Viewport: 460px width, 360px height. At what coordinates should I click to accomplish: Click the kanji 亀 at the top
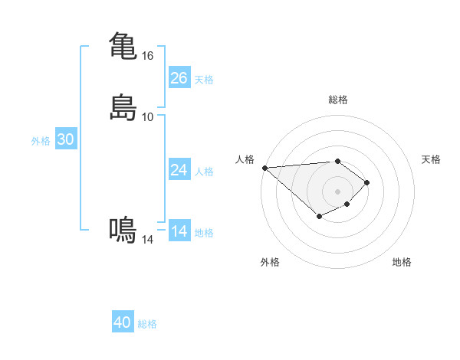click(x=123, y=45)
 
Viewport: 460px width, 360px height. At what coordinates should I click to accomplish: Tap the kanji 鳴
click(x=123, y=230)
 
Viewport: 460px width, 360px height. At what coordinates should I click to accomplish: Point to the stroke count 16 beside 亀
click(x=148, y=56)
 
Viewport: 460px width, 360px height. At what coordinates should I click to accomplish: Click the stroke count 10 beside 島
click(x=148, y=117)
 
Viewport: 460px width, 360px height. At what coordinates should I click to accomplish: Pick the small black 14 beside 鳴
click(x=148, y=240)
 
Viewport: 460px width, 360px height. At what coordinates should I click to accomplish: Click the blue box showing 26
click(x=179, y=78)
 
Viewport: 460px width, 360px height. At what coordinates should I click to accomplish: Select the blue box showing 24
click(x=179, y=170)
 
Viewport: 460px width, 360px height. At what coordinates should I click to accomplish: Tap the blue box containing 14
click(x=179, y=231)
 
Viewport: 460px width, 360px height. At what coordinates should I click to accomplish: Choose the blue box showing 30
click(x=66, y=139)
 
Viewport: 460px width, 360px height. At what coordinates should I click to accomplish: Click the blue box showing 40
click(x=123, y=322)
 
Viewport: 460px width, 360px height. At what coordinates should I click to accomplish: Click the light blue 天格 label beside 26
click(x=204, y=80)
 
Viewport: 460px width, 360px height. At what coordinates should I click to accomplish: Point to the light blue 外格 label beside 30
click(x=41, y=141)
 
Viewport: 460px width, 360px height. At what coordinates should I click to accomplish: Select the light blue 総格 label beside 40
click(x=147, y=324)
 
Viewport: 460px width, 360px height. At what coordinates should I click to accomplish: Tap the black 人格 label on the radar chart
click(x=245, y=159)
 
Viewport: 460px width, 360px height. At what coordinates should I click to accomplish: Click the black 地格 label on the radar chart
click(x=402, y=263)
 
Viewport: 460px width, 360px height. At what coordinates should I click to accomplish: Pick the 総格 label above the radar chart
click(x=338, y=100)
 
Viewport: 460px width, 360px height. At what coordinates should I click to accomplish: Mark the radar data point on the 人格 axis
click(x=264, y=168)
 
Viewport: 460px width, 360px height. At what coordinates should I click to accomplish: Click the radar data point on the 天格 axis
click(x=368, y=182)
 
